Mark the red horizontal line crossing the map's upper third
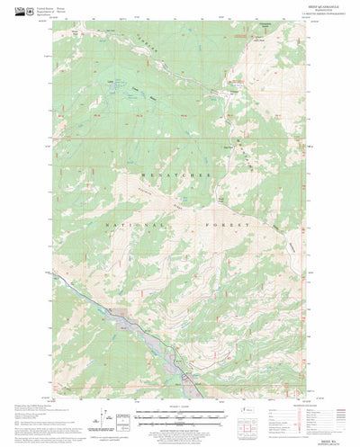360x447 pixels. click(180, 139)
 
